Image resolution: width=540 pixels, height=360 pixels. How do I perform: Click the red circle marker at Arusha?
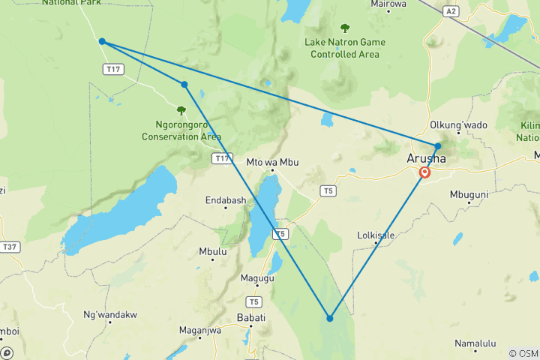coord(425,172)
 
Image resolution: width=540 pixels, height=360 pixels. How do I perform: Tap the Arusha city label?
coord(425,158)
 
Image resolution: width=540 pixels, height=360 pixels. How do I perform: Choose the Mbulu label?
coord(213,251)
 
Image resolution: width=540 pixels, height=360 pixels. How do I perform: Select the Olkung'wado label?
coord(457,124)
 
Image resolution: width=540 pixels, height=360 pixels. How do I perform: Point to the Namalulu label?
coord(475,343)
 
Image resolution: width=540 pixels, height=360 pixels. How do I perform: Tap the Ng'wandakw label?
coord(109,313)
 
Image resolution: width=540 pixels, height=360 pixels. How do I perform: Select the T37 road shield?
coord(10,246)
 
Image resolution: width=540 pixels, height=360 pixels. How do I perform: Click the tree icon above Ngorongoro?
coord(181,110)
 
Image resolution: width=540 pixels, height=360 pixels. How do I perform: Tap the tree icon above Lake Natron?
coord(345,28)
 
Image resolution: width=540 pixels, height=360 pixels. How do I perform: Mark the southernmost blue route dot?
coord(329,318)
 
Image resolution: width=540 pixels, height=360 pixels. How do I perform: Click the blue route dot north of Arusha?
coord(438,146)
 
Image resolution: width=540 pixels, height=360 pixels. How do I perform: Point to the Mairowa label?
coord(389,4)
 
